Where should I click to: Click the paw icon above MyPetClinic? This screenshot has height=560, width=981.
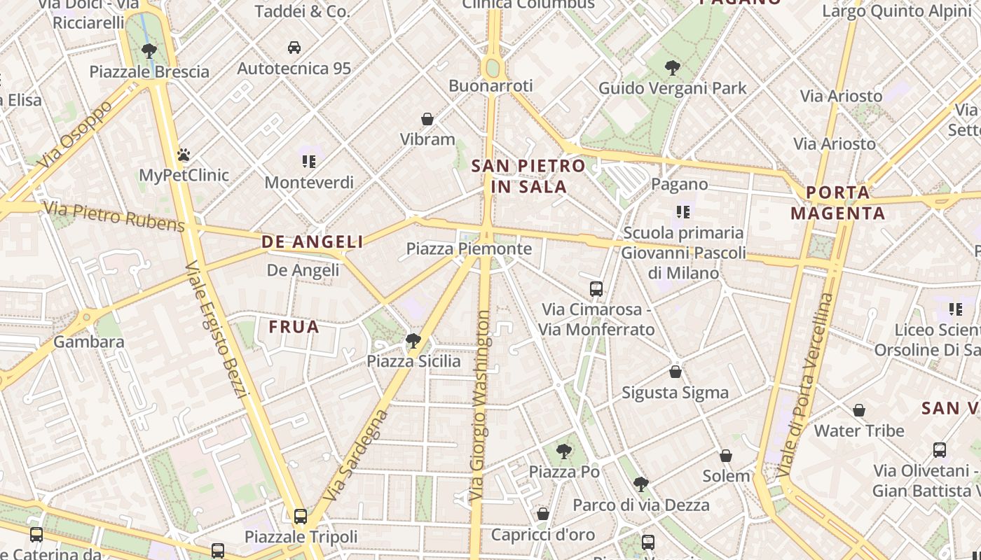[184, 154]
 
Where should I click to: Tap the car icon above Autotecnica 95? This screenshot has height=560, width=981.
[294, 48]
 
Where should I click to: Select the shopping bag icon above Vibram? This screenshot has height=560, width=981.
[427, 119]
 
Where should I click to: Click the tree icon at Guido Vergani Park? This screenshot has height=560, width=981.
[673, 68]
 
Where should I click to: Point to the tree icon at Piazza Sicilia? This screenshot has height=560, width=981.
[413, 341]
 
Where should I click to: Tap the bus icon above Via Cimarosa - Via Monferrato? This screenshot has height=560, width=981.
[596, 288]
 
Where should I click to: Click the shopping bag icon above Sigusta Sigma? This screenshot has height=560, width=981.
[675, 372]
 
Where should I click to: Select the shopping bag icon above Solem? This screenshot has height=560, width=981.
[726, 456]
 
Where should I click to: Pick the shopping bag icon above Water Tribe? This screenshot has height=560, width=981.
[859, 410]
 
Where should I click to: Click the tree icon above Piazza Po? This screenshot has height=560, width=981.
[563, 451]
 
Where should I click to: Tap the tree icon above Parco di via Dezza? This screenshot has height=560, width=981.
[640, 484]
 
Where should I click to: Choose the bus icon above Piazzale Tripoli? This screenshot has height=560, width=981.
[301, 517]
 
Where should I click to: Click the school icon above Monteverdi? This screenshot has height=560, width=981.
[309, 162]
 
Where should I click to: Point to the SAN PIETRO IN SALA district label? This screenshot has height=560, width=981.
[528, 176]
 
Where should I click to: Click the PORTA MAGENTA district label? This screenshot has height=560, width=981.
[838, 202]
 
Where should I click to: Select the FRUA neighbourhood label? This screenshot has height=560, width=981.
[294, 327]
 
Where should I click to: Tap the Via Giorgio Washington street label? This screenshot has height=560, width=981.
[481, 406]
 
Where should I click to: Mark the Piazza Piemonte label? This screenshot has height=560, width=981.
[469, 249]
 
